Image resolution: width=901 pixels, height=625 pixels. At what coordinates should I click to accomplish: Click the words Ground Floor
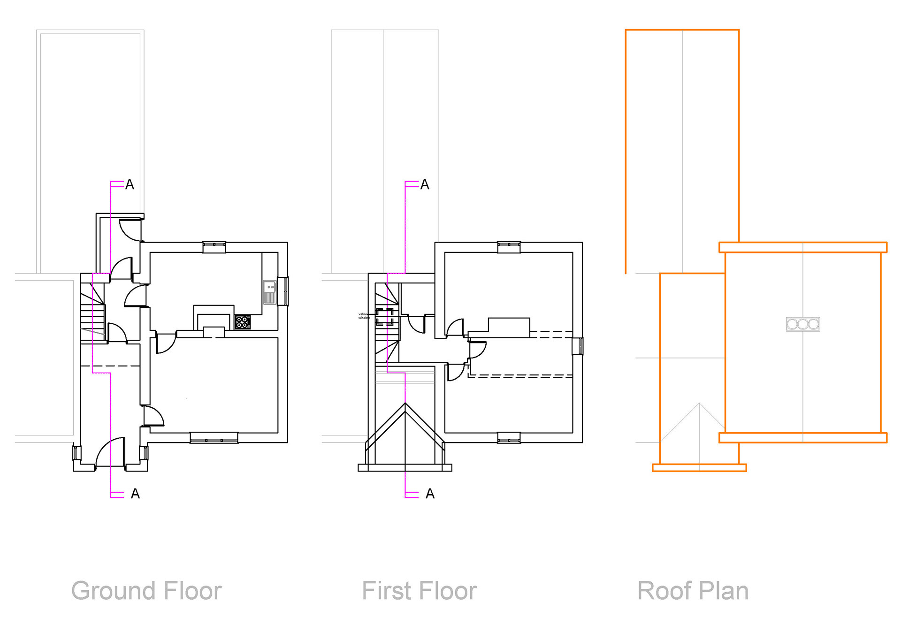(146, 591)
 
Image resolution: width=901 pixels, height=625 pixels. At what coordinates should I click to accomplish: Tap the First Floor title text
(419, 591)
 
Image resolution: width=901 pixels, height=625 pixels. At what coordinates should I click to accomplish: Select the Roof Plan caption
(693, 591)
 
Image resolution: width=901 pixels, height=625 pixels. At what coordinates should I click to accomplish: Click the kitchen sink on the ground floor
(269, 292)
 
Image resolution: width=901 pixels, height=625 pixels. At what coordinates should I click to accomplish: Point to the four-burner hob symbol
(243, 322)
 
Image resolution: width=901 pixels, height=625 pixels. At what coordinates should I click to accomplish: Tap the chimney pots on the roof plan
(803, 324)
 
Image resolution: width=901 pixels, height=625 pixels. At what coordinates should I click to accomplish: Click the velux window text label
(364, 316)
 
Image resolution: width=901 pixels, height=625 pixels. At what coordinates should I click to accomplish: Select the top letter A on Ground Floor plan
(130, 185)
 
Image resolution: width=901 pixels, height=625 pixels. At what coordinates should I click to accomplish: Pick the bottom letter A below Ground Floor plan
(135, 494)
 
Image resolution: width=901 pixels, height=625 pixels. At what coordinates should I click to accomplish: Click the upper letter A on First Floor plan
(425, 185)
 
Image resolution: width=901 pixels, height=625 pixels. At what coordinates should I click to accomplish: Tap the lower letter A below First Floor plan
(430, 494)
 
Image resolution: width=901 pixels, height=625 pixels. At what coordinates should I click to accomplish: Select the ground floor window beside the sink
(283, 291)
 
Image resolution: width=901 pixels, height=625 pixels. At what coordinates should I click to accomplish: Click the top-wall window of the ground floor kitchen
(214, 246)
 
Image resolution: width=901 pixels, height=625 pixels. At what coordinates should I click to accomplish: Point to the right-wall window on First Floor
(578, 347)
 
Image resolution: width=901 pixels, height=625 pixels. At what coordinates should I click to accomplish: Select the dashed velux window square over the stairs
(384, 317)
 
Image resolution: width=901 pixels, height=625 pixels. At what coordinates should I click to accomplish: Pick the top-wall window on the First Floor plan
(509, 246)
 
